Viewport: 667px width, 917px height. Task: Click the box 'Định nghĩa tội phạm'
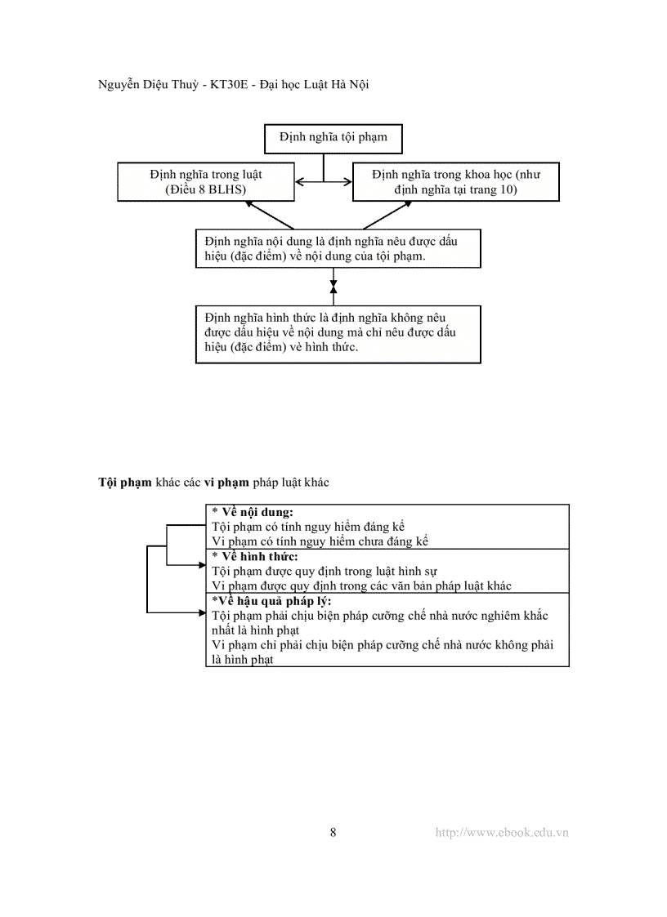click(x=333, y=138)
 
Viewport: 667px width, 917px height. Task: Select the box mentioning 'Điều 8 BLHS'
click(x=205, y=182)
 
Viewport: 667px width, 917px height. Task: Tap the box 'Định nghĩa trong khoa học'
click(x=455, y=182)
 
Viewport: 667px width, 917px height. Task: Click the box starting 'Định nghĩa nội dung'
click(x=338, y=248)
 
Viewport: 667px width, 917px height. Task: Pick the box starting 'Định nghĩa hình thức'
click(x=338, y=334)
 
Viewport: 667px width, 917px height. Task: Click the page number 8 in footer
click(x=333, y=833)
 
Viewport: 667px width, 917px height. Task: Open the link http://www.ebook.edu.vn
click(x=502, y=833)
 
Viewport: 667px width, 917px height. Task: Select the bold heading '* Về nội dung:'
click(x=253, y=512)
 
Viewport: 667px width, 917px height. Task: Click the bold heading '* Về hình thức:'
click(x=255, y=557)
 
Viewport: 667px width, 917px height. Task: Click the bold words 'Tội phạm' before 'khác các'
click(x=125, y=482)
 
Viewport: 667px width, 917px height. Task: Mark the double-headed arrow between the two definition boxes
click(x=324, y=181)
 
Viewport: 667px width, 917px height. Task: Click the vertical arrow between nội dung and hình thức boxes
click(x=333, y=287)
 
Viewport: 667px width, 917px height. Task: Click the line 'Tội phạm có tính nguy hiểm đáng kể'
click(x=308, y=527)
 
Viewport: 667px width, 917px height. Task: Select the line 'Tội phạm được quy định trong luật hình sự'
click(x=325, y=572)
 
